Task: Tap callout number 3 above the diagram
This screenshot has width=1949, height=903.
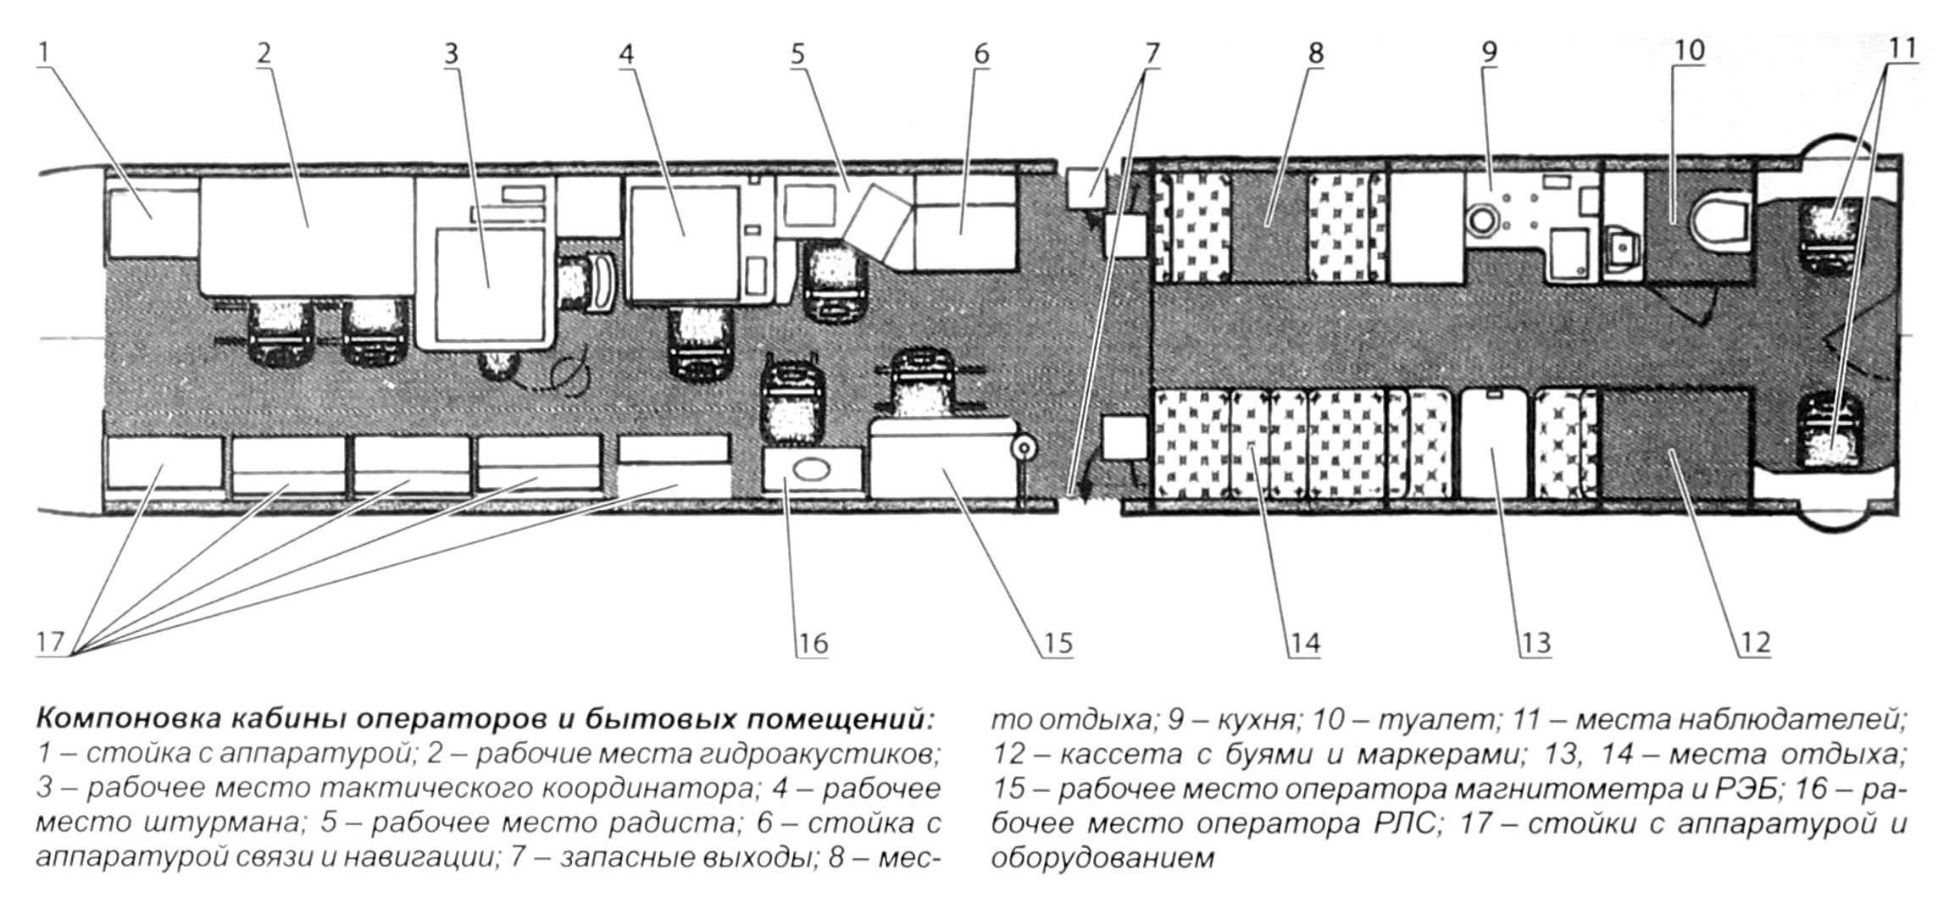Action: pos(451,53)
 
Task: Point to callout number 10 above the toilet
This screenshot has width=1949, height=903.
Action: pos(1689,51)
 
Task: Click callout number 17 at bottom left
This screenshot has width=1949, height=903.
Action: pos(51,642)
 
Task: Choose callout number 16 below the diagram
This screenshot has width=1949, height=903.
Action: pos(812,644)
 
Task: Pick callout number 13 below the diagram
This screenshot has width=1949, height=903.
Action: pos(1535,644)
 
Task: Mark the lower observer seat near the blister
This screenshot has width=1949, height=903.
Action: pos(1831,429)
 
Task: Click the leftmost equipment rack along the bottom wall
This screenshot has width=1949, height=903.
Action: pos(158,463)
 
